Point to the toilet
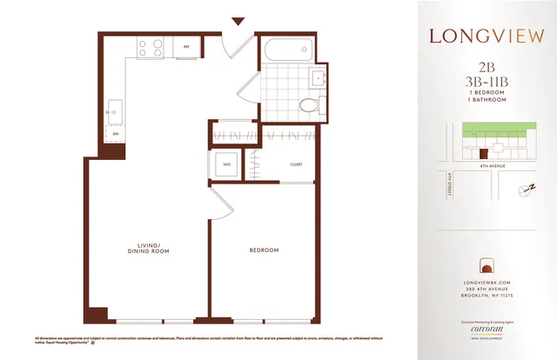(307, 103)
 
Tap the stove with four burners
(150, 47)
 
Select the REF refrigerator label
(185, 47)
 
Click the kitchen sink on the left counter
(114, 110)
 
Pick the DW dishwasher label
(114, 134)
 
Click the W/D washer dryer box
(227, 163)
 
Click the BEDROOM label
(264, 250)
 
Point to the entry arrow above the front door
(236, 21)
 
